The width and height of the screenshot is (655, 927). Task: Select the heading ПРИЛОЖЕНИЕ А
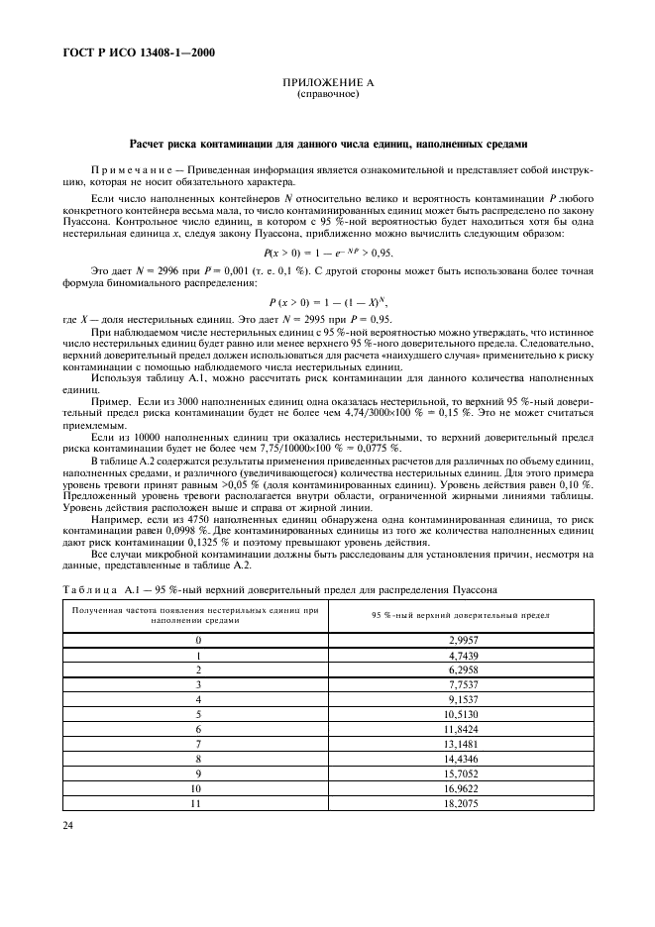328,84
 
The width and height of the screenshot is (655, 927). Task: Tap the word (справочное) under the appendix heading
328,95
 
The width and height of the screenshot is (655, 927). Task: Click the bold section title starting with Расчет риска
328,144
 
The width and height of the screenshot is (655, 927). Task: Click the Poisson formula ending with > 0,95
328,253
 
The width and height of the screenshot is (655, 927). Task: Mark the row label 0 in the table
198,641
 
